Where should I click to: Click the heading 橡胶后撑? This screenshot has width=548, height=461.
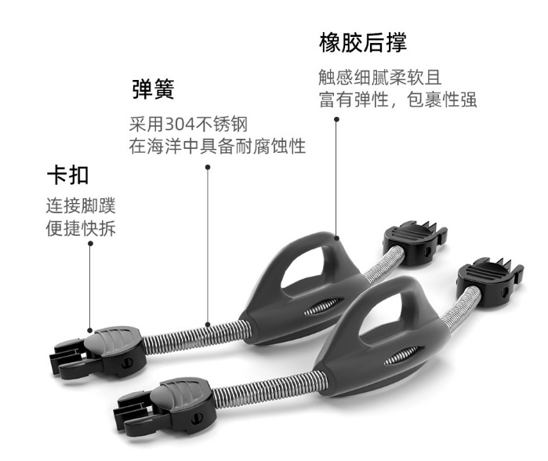tap(363, 42)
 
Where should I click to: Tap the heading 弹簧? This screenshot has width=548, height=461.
tap(153, 89)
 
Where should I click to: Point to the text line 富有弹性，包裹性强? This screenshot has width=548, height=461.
tap(398, 100)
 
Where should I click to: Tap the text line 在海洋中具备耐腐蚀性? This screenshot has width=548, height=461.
tap(217, 146)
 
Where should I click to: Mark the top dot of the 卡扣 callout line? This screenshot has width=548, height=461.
tap(90, 244)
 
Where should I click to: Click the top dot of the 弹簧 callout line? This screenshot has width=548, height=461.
tap(208, 167)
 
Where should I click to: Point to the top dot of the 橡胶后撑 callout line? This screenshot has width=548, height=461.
tap(336, 120)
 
